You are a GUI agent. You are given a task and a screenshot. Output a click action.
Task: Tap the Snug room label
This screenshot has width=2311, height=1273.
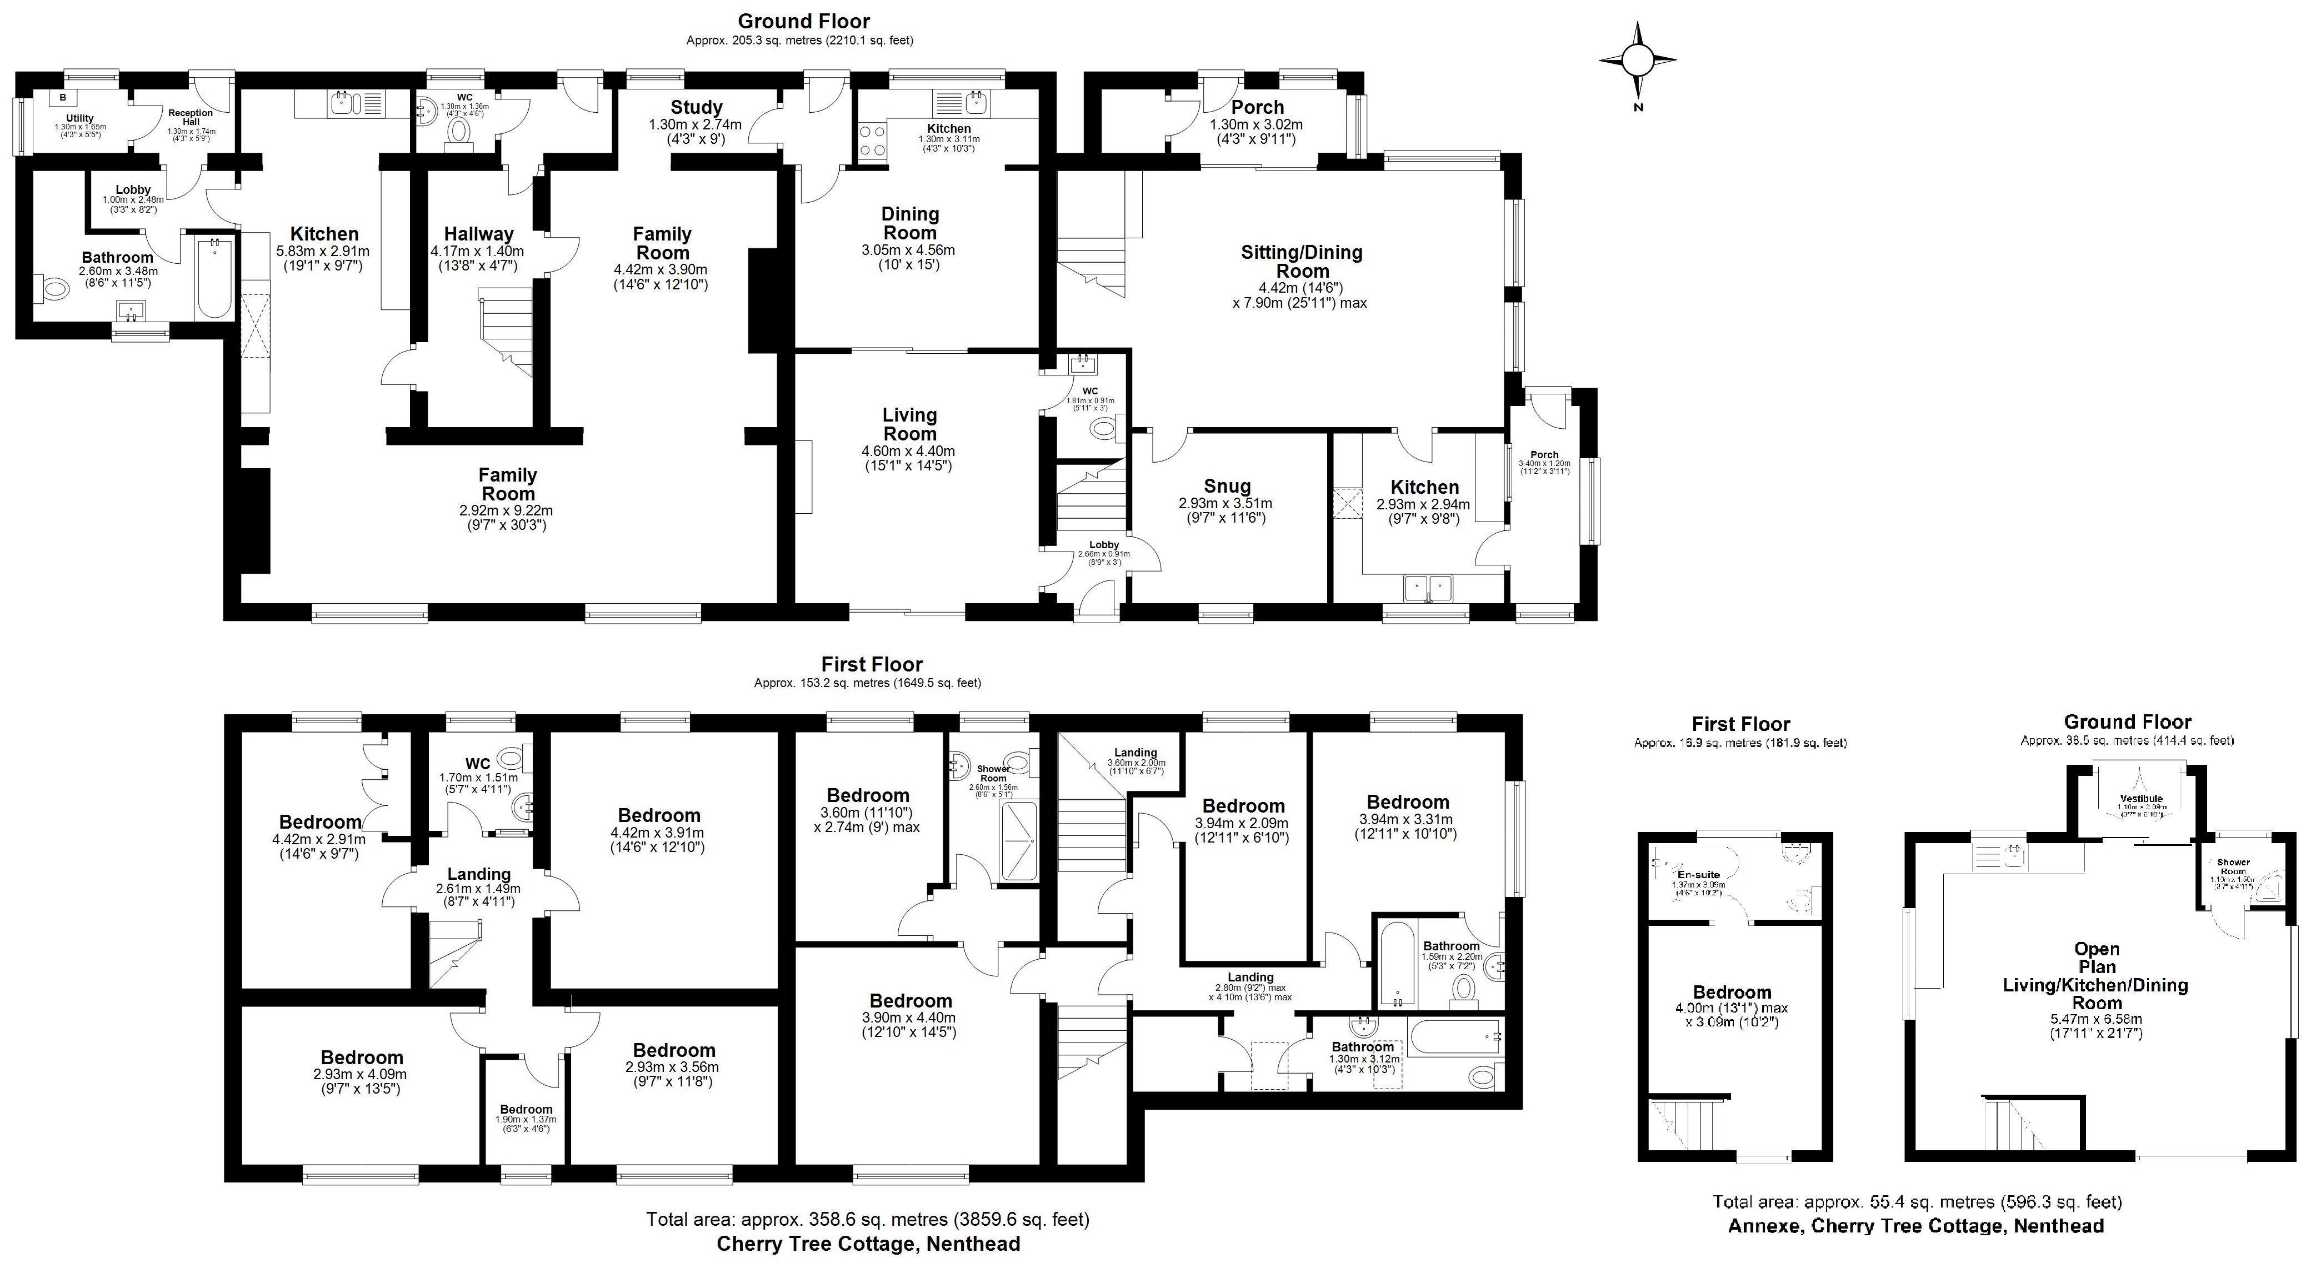pyautogui.click(x=1227, y=487)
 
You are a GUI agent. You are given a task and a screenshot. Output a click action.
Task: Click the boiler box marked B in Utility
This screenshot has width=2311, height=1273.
pyautogui.click(x=63, y=97)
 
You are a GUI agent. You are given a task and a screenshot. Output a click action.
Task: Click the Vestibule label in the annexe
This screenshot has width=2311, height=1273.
pyautogui.click(x=2142, y=799)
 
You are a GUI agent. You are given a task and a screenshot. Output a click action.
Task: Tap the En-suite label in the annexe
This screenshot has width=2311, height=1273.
pyautogui.click(x=1698, y=875)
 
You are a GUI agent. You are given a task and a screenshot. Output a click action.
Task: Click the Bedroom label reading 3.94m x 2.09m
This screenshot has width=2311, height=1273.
pyautogui.click(x=1243, y=805)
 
